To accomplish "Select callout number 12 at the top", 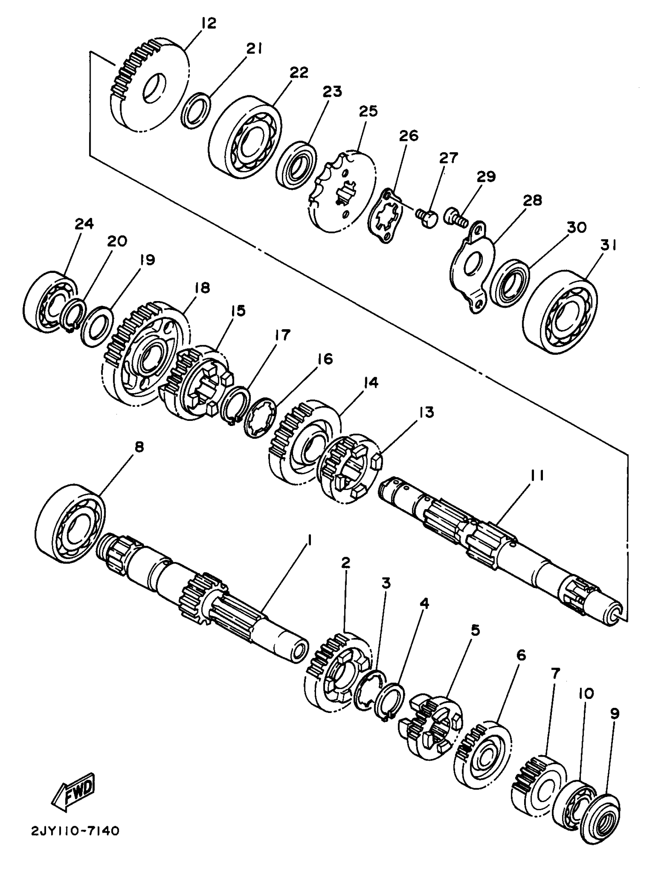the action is [x=208, y=23].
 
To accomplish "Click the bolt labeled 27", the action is [x=426, y=217].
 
